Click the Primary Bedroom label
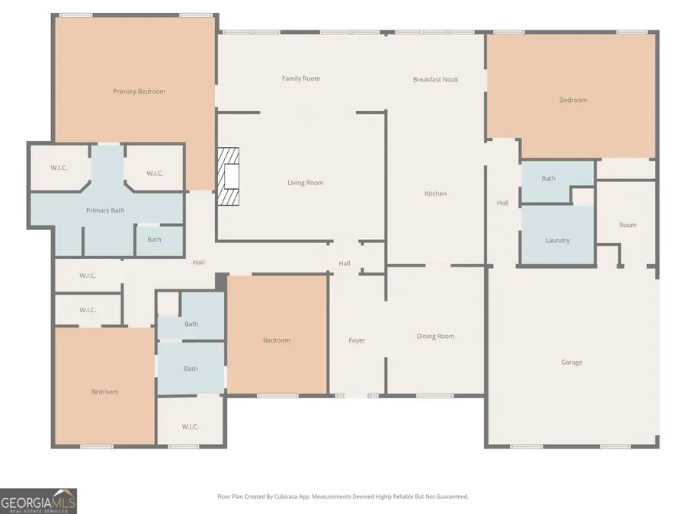tap(139, 91)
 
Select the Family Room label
tap(301, 78)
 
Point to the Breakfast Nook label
tap(435, 79)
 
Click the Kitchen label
tap(435, 193)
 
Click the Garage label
tap(572, 362)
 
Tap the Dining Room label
tap(435, 337)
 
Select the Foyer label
tap(357, 340)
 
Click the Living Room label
tap(305, 183)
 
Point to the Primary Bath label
tap(105, 210)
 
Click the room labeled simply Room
tap(627, 225)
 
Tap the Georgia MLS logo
tap(38, 500)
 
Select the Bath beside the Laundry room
tap(549, 179)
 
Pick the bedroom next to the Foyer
tap(277, 340)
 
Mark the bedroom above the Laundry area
tap(573, 100)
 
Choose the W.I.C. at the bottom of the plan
tap(190, 426)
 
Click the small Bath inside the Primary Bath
tap(154, 240)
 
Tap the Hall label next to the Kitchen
tap(502, 203)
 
